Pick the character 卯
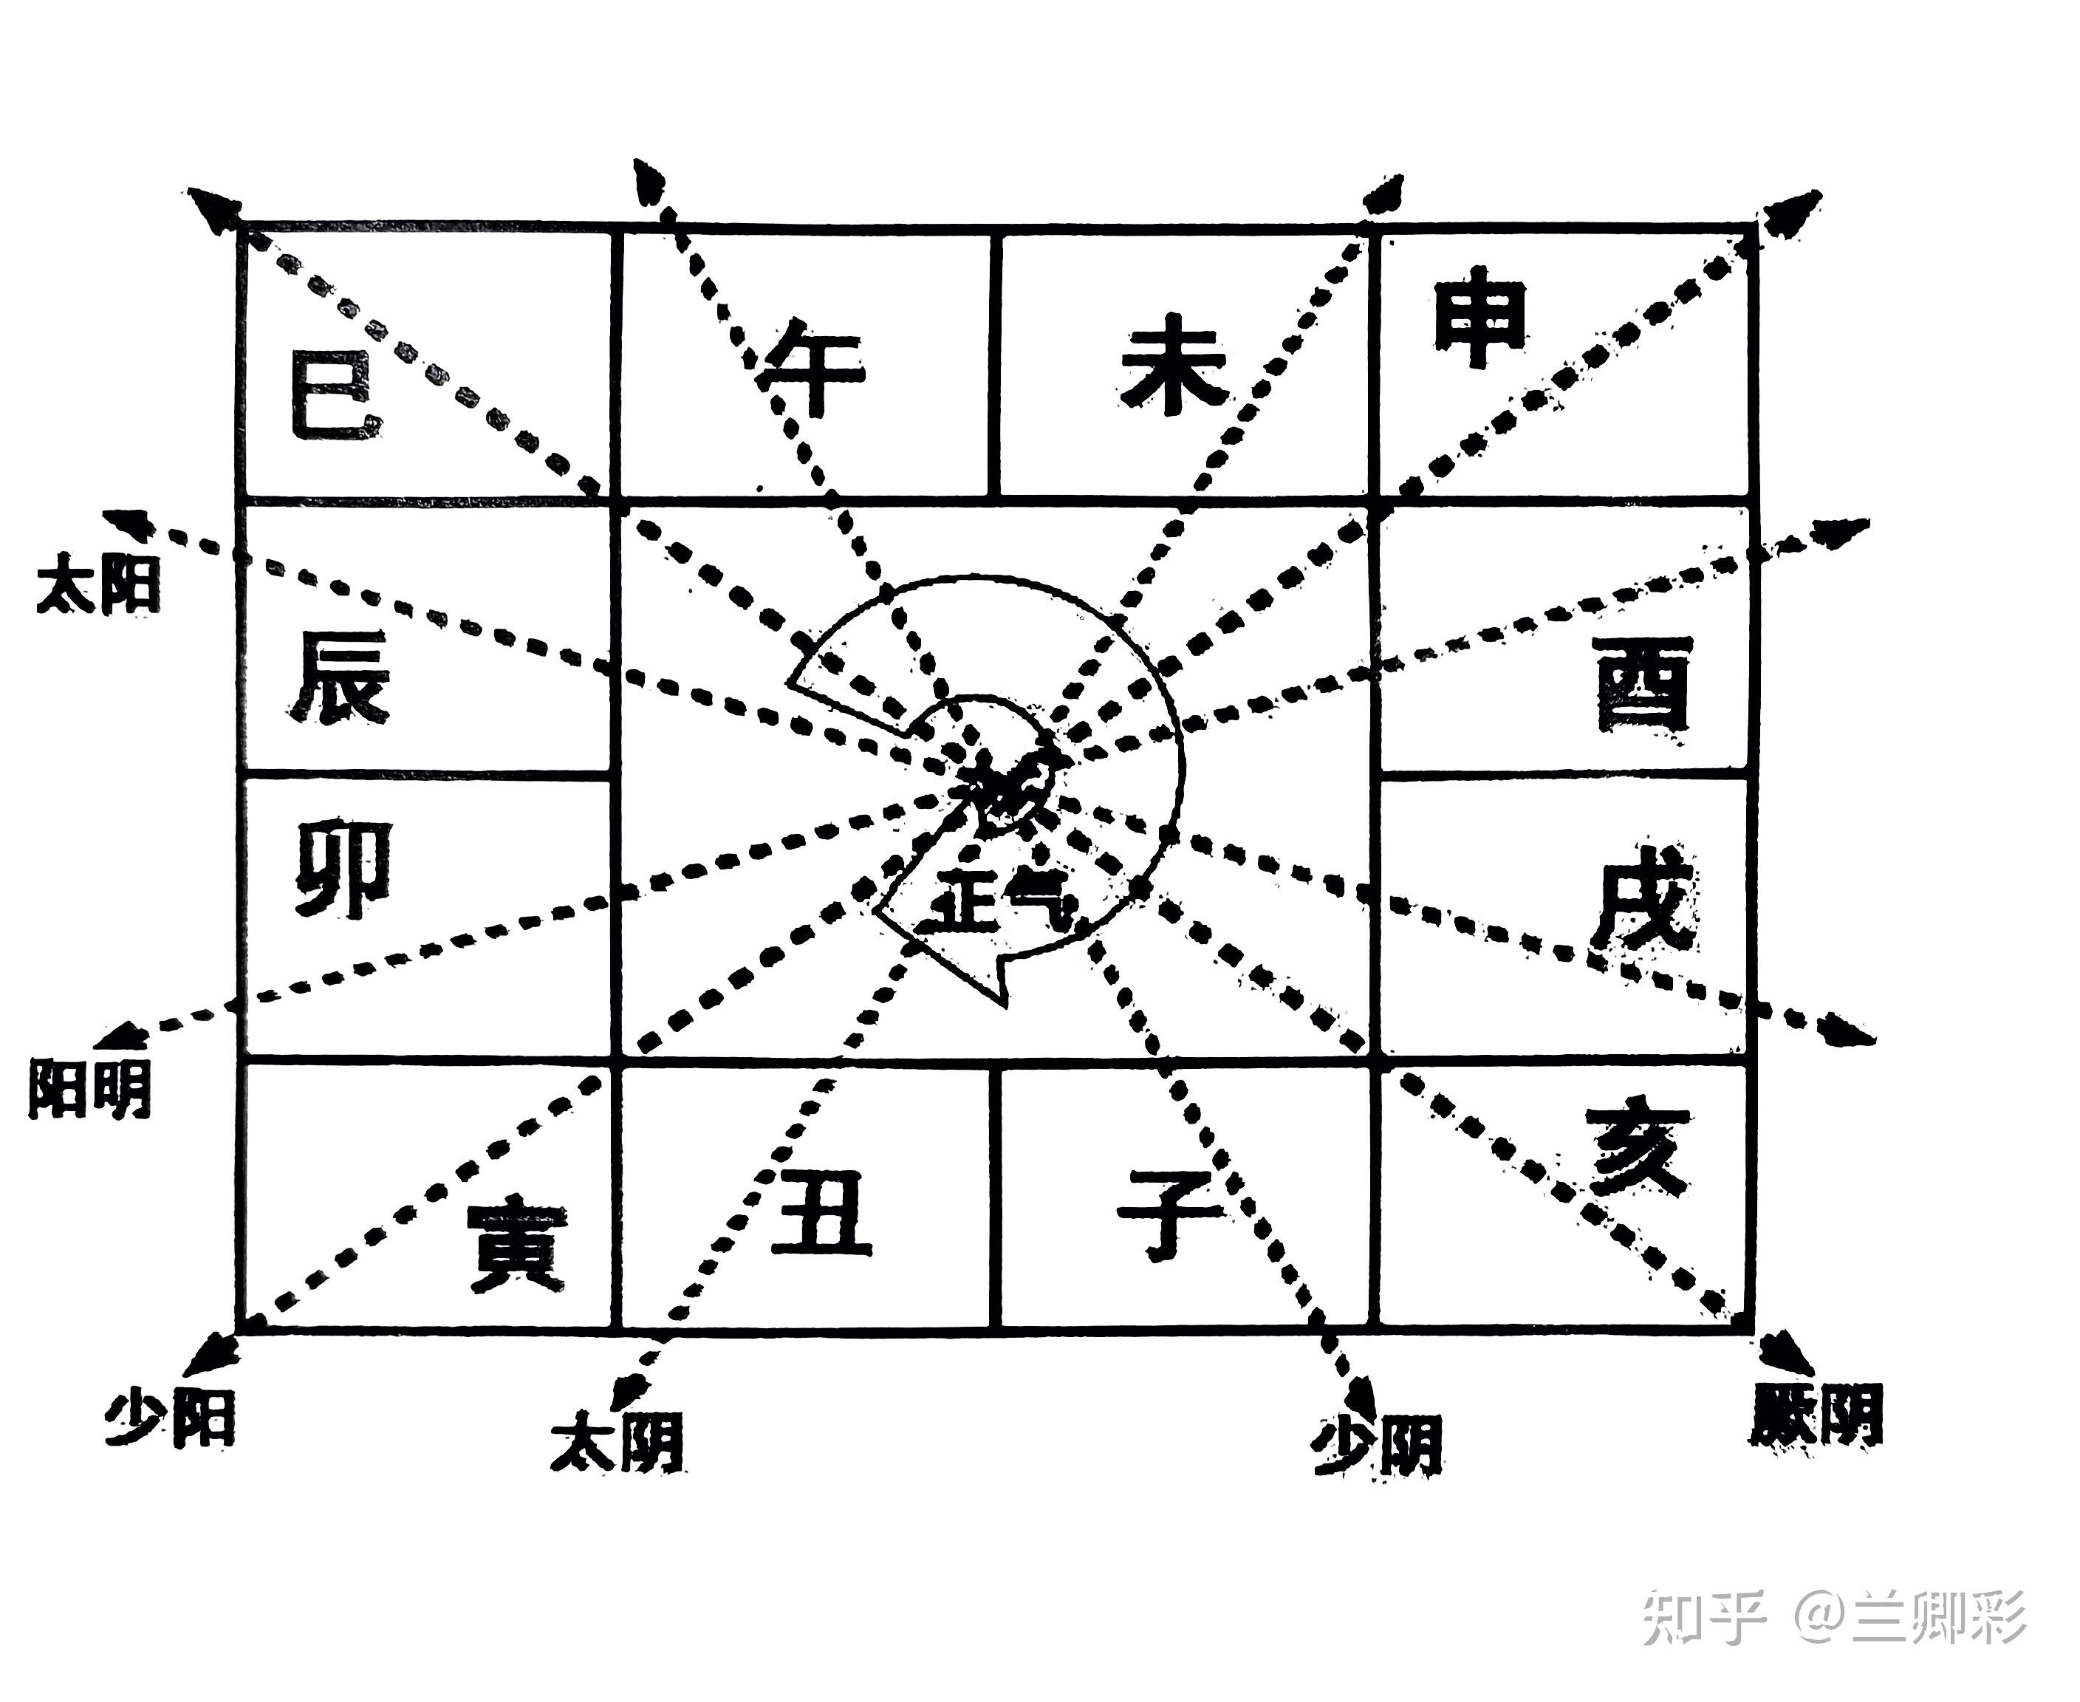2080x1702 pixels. [x=343, y=869]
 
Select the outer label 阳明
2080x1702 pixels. [x=90, y=1087]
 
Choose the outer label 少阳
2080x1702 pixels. [x=171, y=1418]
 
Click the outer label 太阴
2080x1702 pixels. [x=617, y=1441]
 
